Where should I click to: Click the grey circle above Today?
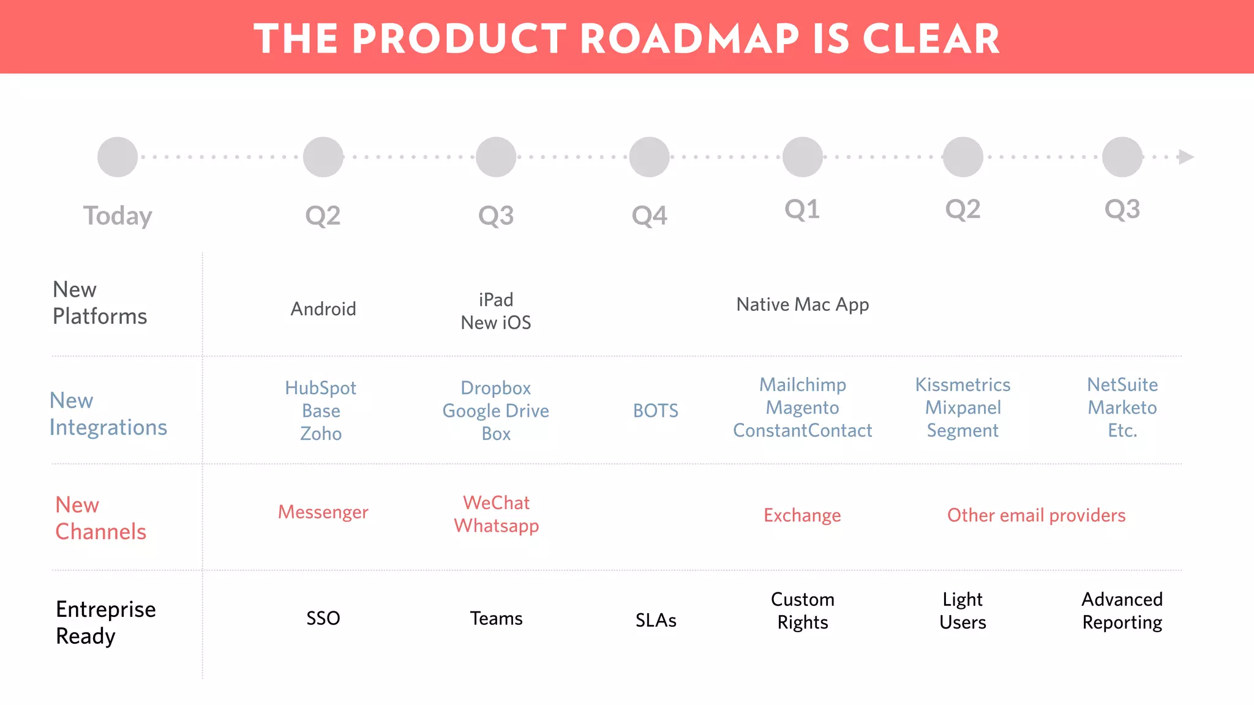tap(118, 157)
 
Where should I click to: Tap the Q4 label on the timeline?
tap(649, 216)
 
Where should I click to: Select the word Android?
tap(323, 309)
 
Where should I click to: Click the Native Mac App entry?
tap(802, 305)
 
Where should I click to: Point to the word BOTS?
tap(655, 411)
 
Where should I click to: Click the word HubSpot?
tap(320, 388)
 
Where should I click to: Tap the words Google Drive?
tap(495, 411)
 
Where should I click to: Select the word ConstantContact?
tap(802, 431)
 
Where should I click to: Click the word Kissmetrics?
tap(963, 385)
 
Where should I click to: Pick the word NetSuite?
tap(1122, 385)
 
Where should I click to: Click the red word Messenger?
tap(323, 512)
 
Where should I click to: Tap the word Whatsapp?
tap(496, 526)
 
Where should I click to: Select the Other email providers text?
tap(1036, 515)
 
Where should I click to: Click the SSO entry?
tap(323, 618)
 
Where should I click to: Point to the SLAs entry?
tap(655, 621)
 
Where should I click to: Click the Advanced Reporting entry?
tap(1122, 611)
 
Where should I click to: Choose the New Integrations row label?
tap(108, 414)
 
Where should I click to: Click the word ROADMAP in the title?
tap(689, 39)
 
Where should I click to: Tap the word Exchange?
tap(802, 515)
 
